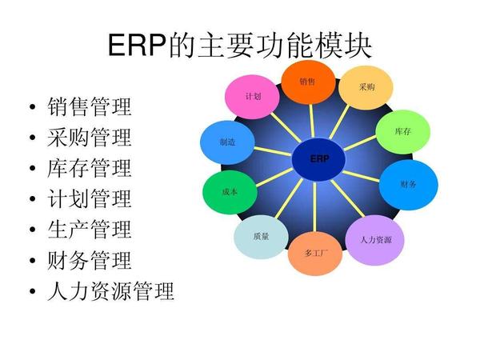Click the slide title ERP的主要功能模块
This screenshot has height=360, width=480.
tap(240, 45)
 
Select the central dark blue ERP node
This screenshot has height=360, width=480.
tap(319, 159)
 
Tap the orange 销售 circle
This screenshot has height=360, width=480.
tap(307, 82)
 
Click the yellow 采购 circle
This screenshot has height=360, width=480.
tap(366, 87)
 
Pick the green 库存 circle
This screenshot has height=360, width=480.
tap(402, 130)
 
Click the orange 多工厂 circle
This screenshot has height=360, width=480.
tap(315, 253)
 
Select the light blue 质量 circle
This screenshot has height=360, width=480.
tap(261, 237)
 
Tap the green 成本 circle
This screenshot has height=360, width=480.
tap(229, 192)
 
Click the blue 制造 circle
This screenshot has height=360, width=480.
tap(227, 142)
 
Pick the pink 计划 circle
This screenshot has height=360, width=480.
tap(253, 97)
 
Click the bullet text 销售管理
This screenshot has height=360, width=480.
tap(90, 106)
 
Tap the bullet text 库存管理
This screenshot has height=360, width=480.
tap(90, 168)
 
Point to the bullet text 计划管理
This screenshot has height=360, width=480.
tap(90, 198)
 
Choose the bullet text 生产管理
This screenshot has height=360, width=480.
tap(90, 230)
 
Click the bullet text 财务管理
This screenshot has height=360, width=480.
tap(90, 260)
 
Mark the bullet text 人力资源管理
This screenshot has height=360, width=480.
tap(110, 291)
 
